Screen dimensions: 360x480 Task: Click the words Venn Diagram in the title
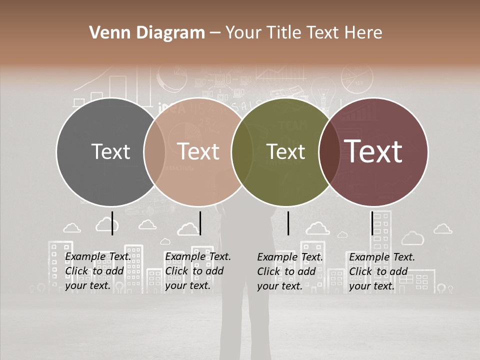click(147, 33)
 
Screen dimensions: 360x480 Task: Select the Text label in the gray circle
click(110, 151)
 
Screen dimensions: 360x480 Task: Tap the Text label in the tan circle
click(198, 151)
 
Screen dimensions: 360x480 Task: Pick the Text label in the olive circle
click(285, 151)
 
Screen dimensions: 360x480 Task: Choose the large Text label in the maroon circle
click(373, 151)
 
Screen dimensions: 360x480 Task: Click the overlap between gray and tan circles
click(154, 151)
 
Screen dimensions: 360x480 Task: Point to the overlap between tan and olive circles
click(242, 151)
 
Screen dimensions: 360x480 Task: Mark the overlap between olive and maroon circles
click(329, 151)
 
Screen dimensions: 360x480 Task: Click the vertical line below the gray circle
click(112, 223)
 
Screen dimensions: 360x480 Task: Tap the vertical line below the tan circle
click(200, 223)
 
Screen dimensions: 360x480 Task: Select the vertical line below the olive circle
click(288, 223)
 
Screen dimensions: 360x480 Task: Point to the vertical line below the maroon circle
click(372, 223)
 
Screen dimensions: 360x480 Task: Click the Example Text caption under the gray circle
click(97, 271)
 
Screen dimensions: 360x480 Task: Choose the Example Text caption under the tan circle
click(197, 271)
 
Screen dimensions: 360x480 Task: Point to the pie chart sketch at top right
click(357, 79)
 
